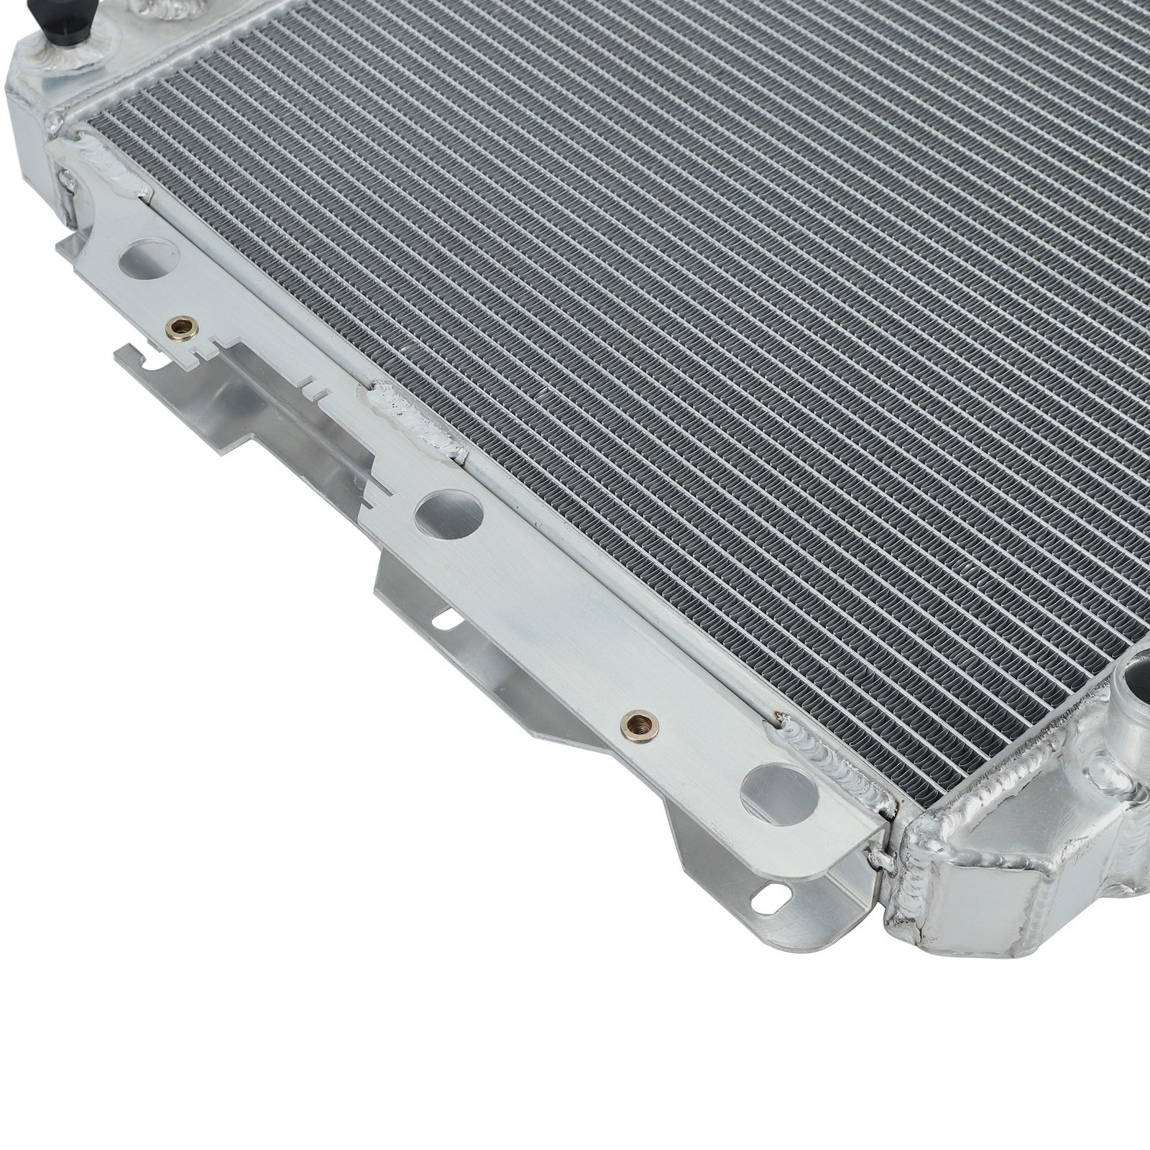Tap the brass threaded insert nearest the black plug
click(x=175, y=328)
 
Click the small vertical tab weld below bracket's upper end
click(x=67, y=190)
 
